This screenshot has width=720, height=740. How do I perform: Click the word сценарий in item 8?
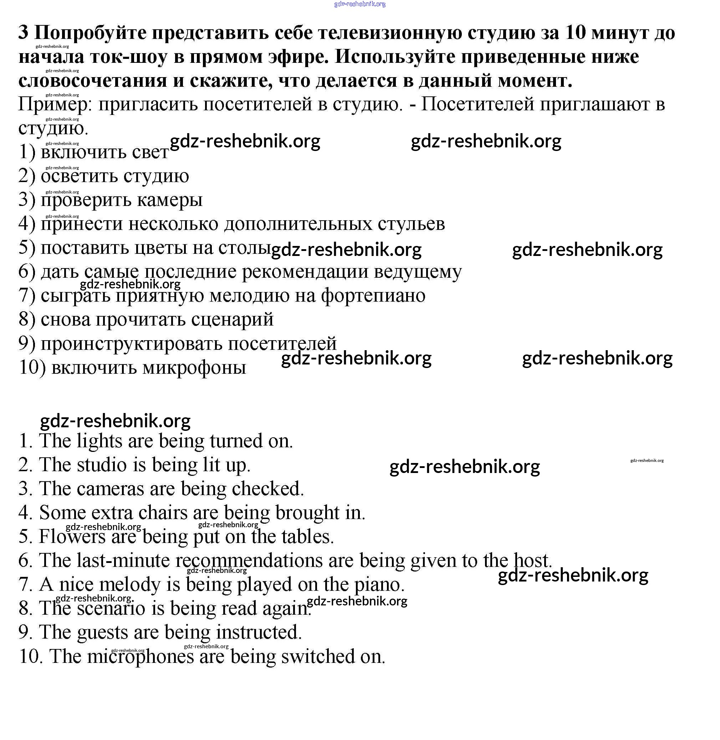pos(232,319)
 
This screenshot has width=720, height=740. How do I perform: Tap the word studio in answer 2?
pos(102,465)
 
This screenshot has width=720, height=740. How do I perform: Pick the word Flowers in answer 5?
pos(72,537)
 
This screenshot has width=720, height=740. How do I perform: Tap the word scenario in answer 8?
pos(111,608)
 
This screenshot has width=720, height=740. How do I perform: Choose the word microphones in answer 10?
pos(140,656)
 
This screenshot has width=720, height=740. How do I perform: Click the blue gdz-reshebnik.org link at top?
pos(359,4)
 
